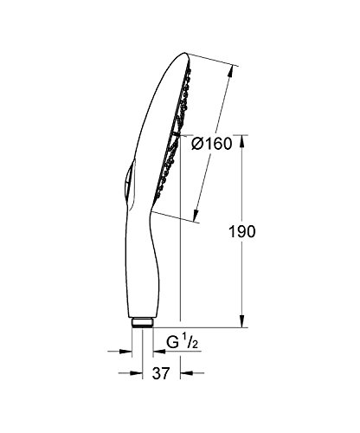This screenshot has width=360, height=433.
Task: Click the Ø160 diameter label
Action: [212, 144]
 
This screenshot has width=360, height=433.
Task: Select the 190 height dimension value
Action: [242, 231]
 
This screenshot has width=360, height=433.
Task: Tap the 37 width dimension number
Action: [161, 373]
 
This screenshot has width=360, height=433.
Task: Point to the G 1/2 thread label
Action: [183, 343]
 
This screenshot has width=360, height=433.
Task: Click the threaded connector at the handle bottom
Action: [142, 322]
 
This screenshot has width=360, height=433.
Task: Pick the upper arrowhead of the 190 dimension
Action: [242, 141]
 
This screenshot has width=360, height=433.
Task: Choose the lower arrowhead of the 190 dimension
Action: [242, 321]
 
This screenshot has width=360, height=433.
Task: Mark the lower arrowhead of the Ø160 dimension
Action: [196, 216]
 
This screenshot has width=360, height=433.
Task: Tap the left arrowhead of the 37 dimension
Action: [136, 373]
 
